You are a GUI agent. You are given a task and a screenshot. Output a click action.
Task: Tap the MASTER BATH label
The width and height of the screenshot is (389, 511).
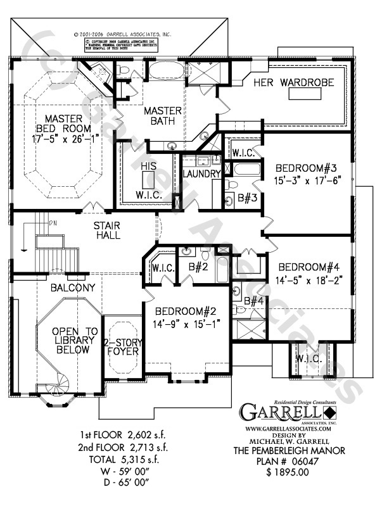coord(162,117)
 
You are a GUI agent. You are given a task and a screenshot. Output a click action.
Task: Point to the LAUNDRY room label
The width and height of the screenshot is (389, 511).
coord(201,173)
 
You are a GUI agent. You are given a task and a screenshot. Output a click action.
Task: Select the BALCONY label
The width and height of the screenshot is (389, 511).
coord(73,287)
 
